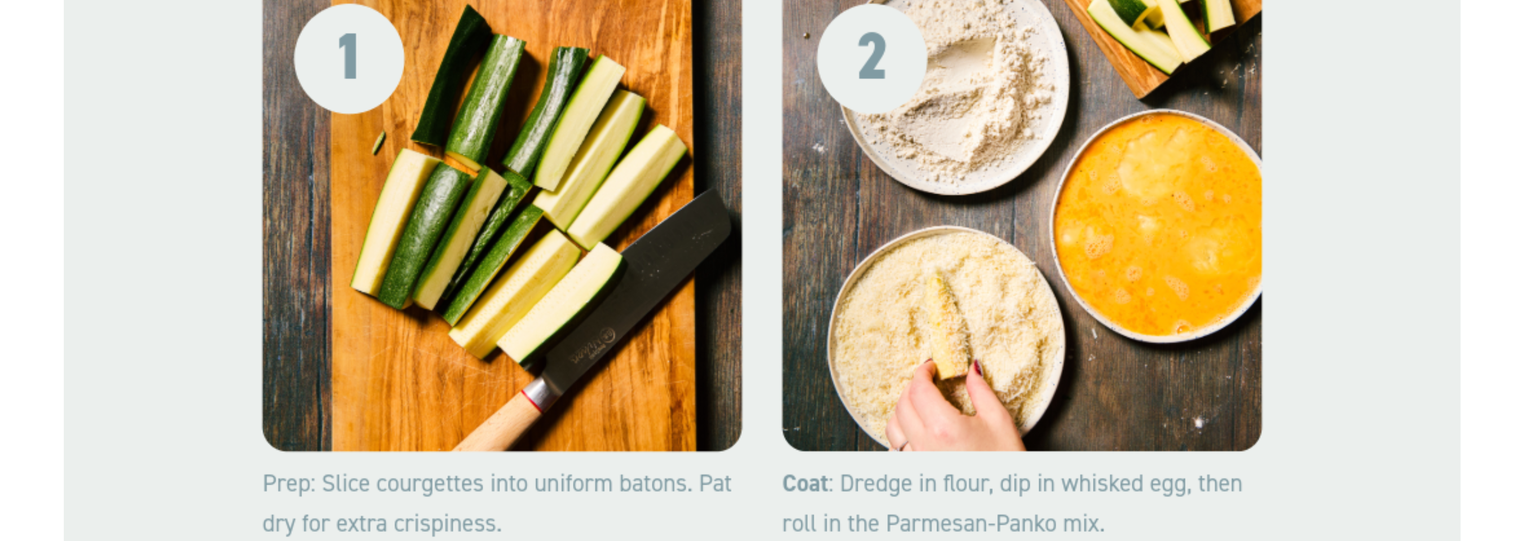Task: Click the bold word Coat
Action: pyautogui.click(x=805, y=484)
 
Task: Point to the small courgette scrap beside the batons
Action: pyautogui.click(x=379, y=143)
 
